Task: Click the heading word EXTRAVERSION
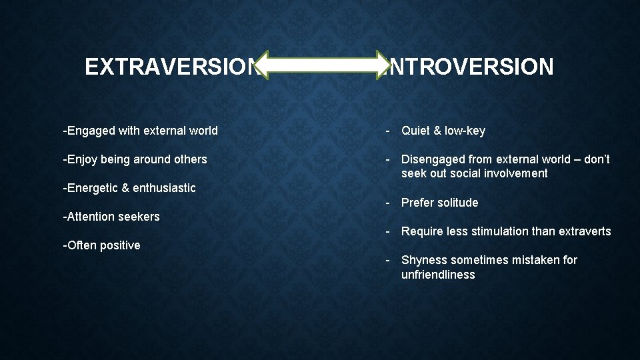[171, 67]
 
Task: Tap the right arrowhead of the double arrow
[377, 65]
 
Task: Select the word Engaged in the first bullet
[91, 131]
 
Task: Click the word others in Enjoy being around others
[190, 159]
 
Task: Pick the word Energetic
[93, 188]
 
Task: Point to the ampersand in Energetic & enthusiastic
[125, 188]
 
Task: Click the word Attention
[90, 217]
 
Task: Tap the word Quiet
[416, 131]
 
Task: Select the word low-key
[465, 131]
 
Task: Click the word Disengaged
[434, 159]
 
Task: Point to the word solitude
[457, 203]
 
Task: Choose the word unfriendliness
[438, 275]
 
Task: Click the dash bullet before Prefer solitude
[387, 203]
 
